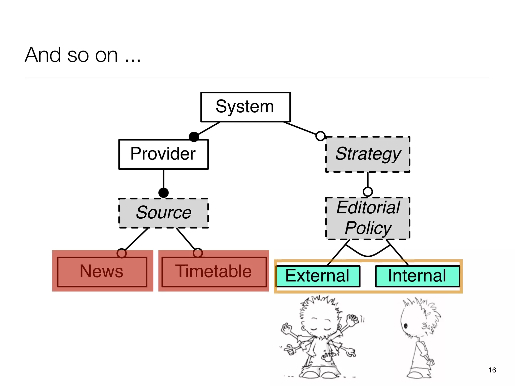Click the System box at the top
tap(245, 107)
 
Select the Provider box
tap(163, 154)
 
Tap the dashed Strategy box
tap(368, 154)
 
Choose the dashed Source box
tap(163, 213)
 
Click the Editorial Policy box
tap(368, 218)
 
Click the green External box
tap(318, 276)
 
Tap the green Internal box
tap(417, 276)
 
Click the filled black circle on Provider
tap(194, 137)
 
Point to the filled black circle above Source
tap(163, 193)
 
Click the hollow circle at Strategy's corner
tap(320, 136)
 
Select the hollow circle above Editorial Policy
tap(368, 192)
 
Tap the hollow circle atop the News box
tap(122, 253)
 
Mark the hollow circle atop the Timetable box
tap(198, 253)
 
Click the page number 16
tap(492, 370)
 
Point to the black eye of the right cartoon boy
tap(405, 326)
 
